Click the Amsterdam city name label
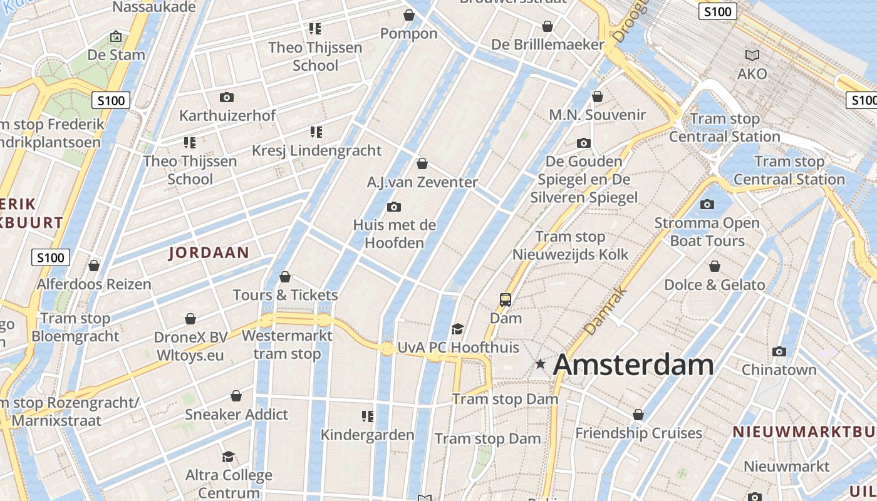(633, 364)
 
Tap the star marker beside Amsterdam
(540, 363)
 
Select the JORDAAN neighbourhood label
(209, 253)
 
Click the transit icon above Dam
(505, 300)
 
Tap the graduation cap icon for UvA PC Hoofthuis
(458, 329)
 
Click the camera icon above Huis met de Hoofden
(394, 207)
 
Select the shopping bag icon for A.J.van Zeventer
(422, 164)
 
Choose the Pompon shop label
(409, 33)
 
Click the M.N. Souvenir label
(597, 115)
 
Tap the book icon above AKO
(752, 56)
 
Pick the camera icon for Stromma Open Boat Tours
(707, 205)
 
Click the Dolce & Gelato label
(714, 285)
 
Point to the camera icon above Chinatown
(779, 352)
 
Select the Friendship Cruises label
(638, 433)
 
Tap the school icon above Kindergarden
(368, 416)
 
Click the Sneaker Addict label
(236, 414)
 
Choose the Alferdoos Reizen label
(94, 284)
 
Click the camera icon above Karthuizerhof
(227, 98)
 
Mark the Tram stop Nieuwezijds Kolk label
(570, 245)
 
